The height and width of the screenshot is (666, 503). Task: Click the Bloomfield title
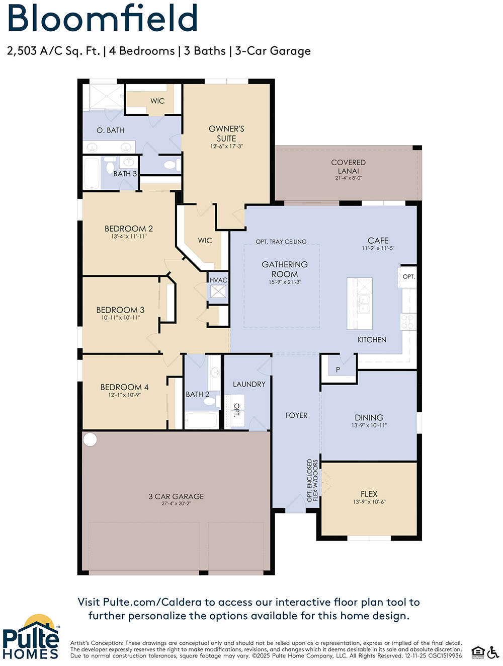pos(102,18)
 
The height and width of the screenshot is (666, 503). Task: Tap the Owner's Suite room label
pos(226,133)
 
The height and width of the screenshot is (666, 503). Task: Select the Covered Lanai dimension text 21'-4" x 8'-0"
pos(348,178)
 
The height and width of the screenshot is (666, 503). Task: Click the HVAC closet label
pos(218,280)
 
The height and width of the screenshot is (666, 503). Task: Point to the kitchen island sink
pos(363,305)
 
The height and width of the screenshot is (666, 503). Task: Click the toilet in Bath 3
pos(110,166)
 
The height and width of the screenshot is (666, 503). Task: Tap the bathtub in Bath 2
pos(202,420)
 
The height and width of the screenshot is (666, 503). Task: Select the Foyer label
pos(296,415)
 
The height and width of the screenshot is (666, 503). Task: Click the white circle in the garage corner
pos(90,439)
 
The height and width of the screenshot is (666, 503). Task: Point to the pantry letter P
pos(338,369)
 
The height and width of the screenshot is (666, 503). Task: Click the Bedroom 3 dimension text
pos(120,318)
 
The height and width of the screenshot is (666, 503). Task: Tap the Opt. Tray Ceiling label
pos(281,242)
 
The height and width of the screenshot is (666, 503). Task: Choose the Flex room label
pos(369,494)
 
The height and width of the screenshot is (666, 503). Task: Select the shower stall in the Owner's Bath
pos(104,97)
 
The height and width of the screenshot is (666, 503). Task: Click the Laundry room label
pos(249,384)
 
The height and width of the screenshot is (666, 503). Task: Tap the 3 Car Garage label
pos(176,496)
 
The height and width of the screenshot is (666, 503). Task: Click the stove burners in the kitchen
pos(408,322)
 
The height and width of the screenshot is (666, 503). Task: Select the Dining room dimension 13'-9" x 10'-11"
pos(369,425)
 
